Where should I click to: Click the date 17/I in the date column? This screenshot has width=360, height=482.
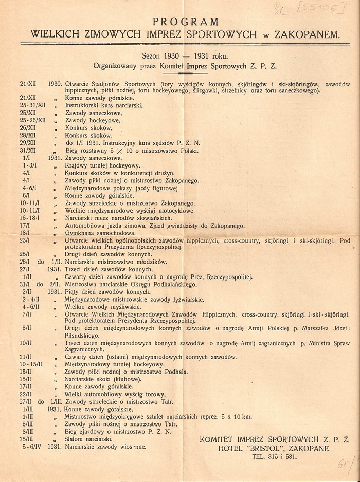(x=25, y=225)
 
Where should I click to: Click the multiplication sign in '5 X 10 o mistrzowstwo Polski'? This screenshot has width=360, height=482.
(x=121, y=151)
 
